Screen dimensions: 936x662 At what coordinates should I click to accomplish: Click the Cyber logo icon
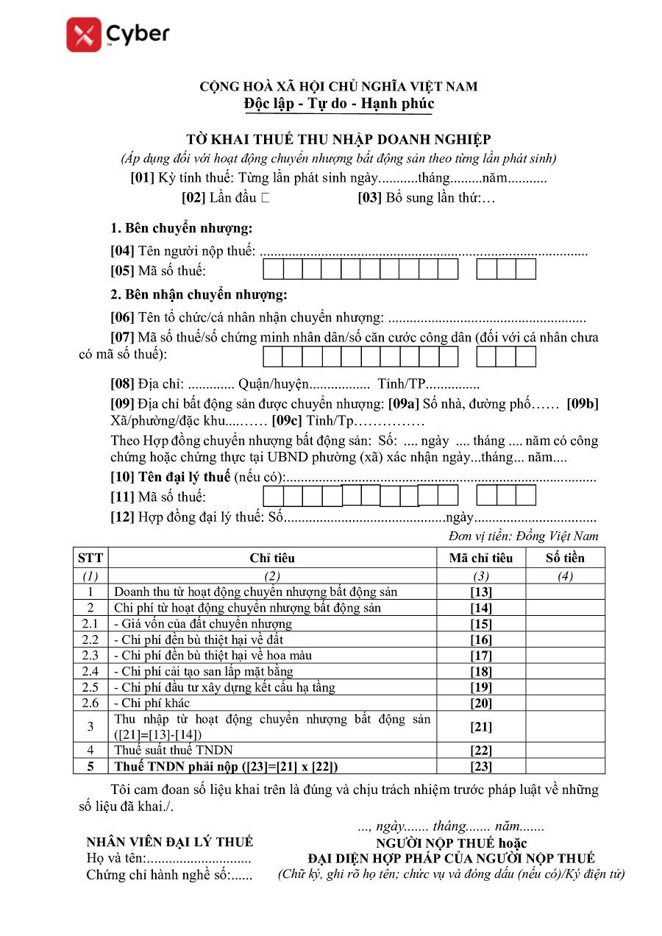tap(83, 35)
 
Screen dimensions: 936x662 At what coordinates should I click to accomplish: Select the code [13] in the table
tap(480, 592)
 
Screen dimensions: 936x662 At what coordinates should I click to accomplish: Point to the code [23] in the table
tap(480, 767)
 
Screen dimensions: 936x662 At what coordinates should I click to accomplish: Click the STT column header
tap(90, 558)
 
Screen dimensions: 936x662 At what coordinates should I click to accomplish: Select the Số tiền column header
tap(565, 558)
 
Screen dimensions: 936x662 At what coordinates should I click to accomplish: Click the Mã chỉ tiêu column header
tap(480, 558)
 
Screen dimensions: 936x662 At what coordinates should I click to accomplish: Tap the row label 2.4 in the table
tap(90, 671)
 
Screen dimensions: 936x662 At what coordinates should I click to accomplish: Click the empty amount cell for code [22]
tap(565, 751)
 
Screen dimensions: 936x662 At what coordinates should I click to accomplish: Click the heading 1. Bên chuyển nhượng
tap(181, 227)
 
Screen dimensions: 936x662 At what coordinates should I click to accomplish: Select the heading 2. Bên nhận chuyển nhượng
tap(199, 295)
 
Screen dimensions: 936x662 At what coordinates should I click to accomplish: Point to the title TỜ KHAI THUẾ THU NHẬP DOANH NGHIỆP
tap(338, 139)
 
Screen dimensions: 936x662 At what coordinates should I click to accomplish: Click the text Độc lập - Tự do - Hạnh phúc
tap(339, 104)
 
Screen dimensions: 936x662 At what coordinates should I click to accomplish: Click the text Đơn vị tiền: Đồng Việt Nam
tap(523, 536)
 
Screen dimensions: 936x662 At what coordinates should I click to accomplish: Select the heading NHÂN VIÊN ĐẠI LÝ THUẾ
tap(169, 842)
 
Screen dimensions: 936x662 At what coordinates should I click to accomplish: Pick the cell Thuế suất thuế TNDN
tap(174, 751)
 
